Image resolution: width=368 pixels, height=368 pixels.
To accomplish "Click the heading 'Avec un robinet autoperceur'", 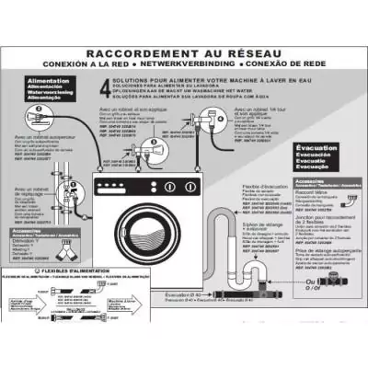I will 40,140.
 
